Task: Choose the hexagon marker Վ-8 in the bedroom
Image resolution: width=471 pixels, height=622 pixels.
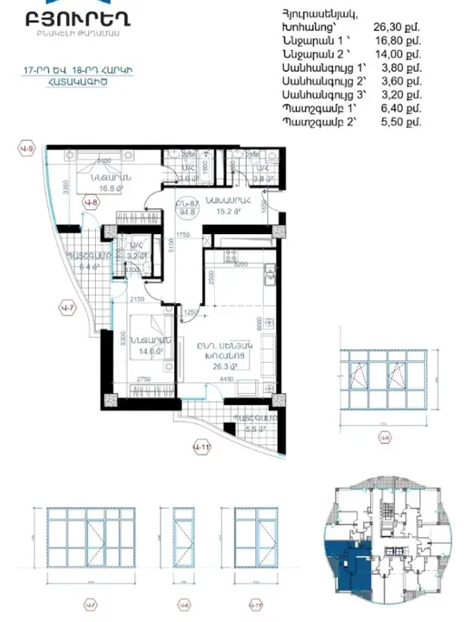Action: tap(89, 204)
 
